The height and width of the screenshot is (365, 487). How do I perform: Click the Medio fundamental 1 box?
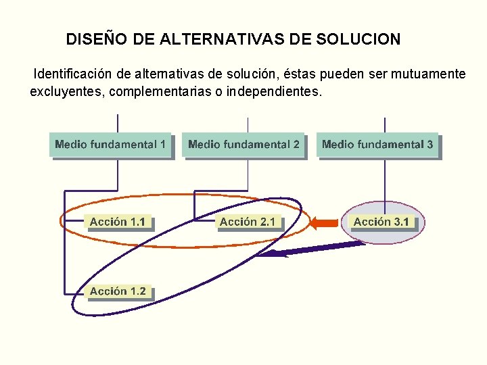coord(110,145)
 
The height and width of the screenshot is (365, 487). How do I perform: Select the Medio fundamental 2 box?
coord(243,145)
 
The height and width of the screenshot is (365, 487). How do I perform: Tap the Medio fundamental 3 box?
coord(377,145)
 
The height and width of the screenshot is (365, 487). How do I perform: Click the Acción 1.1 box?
coord(118,222)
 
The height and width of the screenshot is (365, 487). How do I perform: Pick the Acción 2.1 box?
coord(248,222)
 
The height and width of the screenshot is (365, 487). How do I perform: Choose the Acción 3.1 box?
coord(381,222)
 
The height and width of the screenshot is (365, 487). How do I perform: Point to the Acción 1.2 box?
coord(118,291)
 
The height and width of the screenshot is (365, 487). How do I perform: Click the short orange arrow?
coord(326,222)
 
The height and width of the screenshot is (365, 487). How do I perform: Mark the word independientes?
coord(273,91)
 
